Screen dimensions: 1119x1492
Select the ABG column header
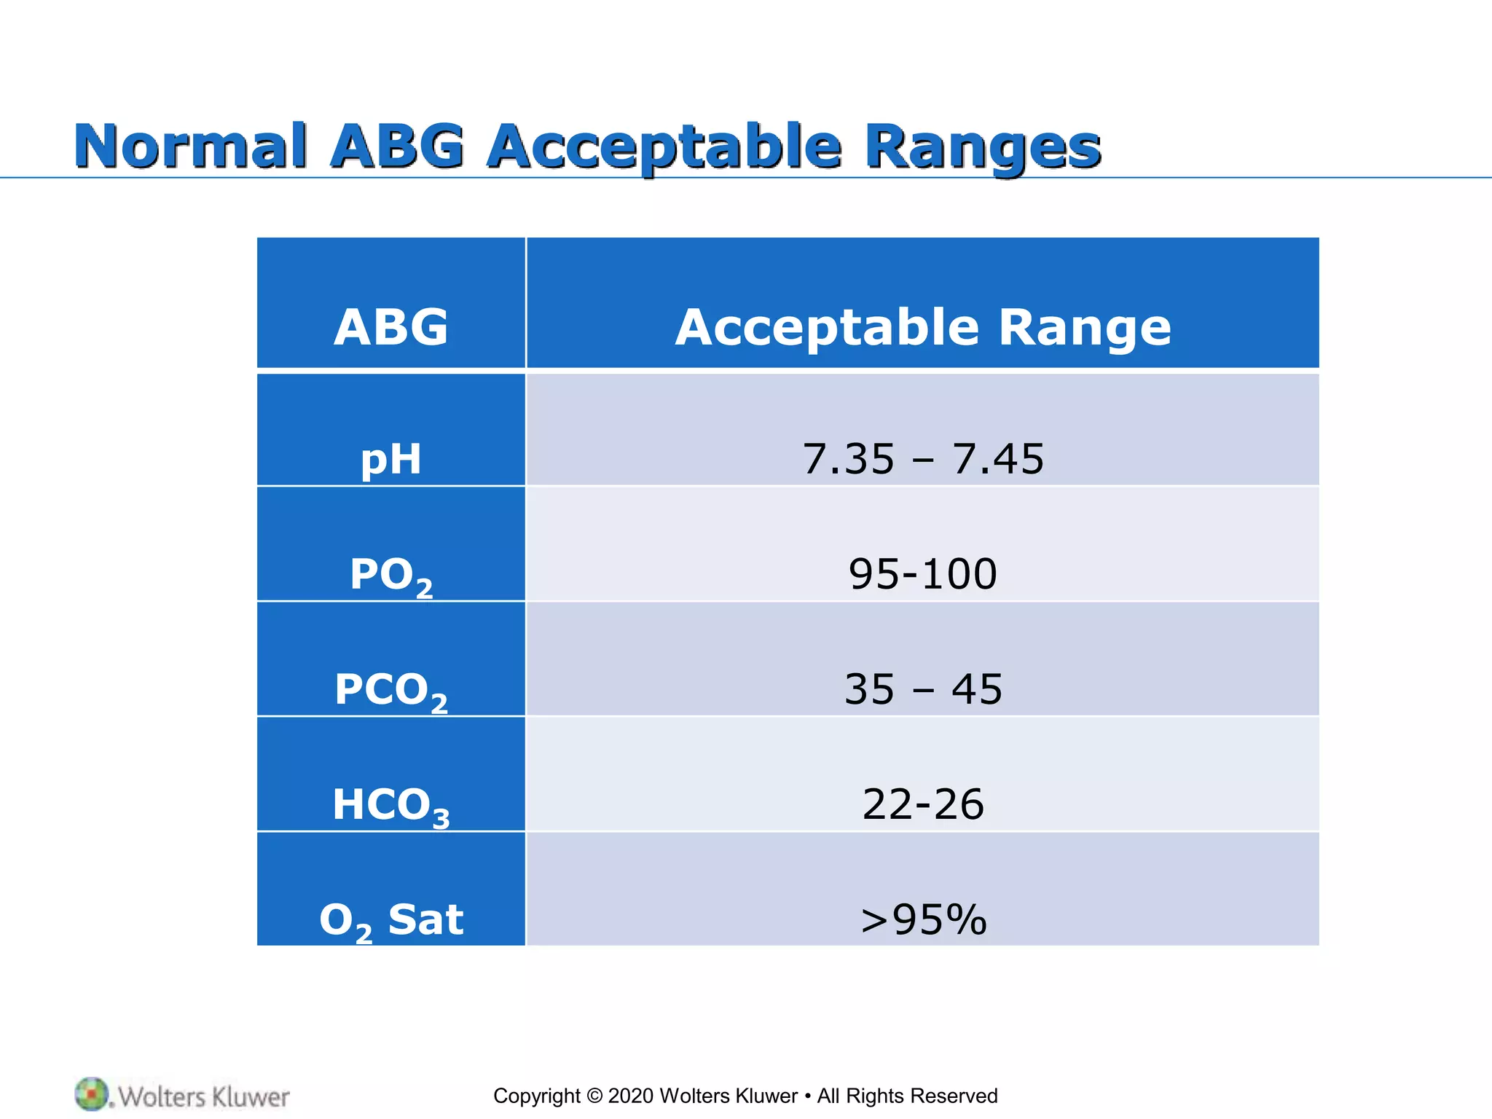pyautogui.click(x=391, y=326)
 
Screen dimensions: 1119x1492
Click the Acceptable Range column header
pyautogui.click(x=922, y=327)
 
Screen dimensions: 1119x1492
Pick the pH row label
pyautogui.click(x=391, y=459)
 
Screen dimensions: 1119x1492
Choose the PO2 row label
pyautogui.click(x=391, y=575)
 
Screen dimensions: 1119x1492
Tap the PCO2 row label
pyautogui.click(x=391, y=690)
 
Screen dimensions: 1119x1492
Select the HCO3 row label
pyautogui.click(x=391, y=805)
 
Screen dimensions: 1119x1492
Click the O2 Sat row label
pyautogui.click(x=391, y=920)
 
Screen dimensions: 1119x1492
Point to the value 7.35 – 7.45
pyautogui.click(x=922, y=459)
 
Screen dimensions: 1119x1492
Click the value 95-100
pyautogui.click(x=922, y=574)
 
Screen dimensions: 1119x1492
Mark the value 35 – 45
pyautogui.click(x=922, y=689)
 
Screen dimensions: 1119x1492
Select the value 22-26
pyautogui.click(x=922, y=804)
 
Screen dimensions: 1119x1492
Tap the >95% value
pyautogui.click(x=922, y=919)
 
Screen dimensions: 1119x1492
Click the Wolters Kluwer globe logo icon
pyautogui.click(x=92, y=1094)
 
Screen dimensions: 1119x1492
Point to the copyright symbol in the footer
pyautogui.click(x=594, y=1096)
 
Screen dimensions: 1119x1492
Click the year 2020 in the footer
pyautogui.click(x=631, y=1096)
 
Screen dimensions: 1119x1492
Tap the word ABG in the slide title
pyautogui.click(x=396, y=146)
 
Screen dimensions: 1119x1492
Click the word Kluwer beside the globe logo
pyautogui.click(x=251, y=1096)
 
